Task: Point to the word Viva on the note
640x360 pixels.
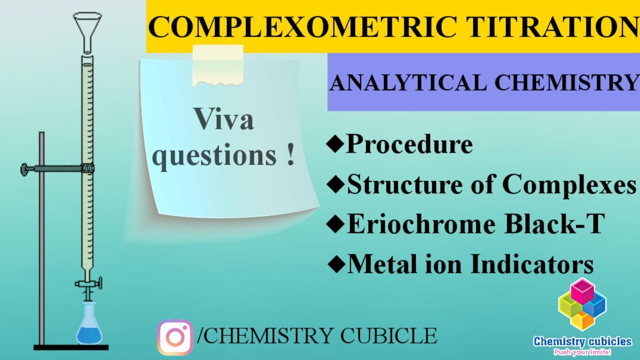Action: click(x=224, y=120)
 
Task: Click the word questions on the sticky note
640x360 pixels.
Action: click(x=214, y=156)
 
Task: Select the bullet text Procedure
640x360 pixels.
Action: click(x=409, y=144)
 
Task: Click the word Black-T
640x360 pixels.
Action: click(x=554, y=224)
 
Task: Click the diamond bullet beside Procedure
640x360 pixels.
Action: click(x=335, y=145)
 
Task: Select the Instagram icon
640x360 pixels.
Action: click(x=175, y=337)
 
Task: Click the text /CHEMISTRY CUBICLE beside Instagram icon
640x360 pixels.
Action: click(x=318, y=336)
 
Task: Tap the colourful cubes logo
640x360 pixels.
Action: click(x=582, y=304)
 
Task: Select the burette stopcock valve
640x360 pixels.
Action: click(x=89, y=283)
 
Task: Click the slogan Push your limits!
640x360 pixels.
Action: click(x=582, y=352)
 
